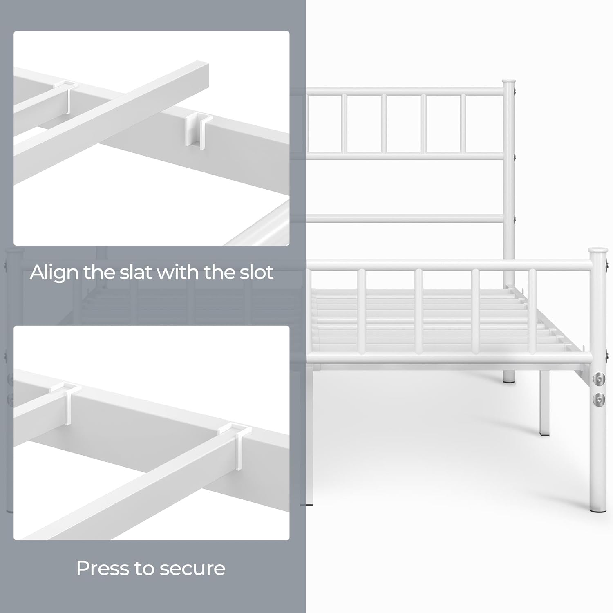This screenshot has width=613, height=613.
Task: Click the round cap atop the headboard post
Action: tap(509, 81)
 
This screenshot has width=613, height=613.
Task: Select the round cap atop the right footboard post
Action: tap(598, 250)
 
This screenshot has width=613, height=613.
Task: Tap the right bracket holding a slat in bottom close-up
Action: tap(237, 443)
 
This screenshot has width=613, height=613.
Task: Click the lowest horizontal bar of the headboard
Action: tap(405, 219)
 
